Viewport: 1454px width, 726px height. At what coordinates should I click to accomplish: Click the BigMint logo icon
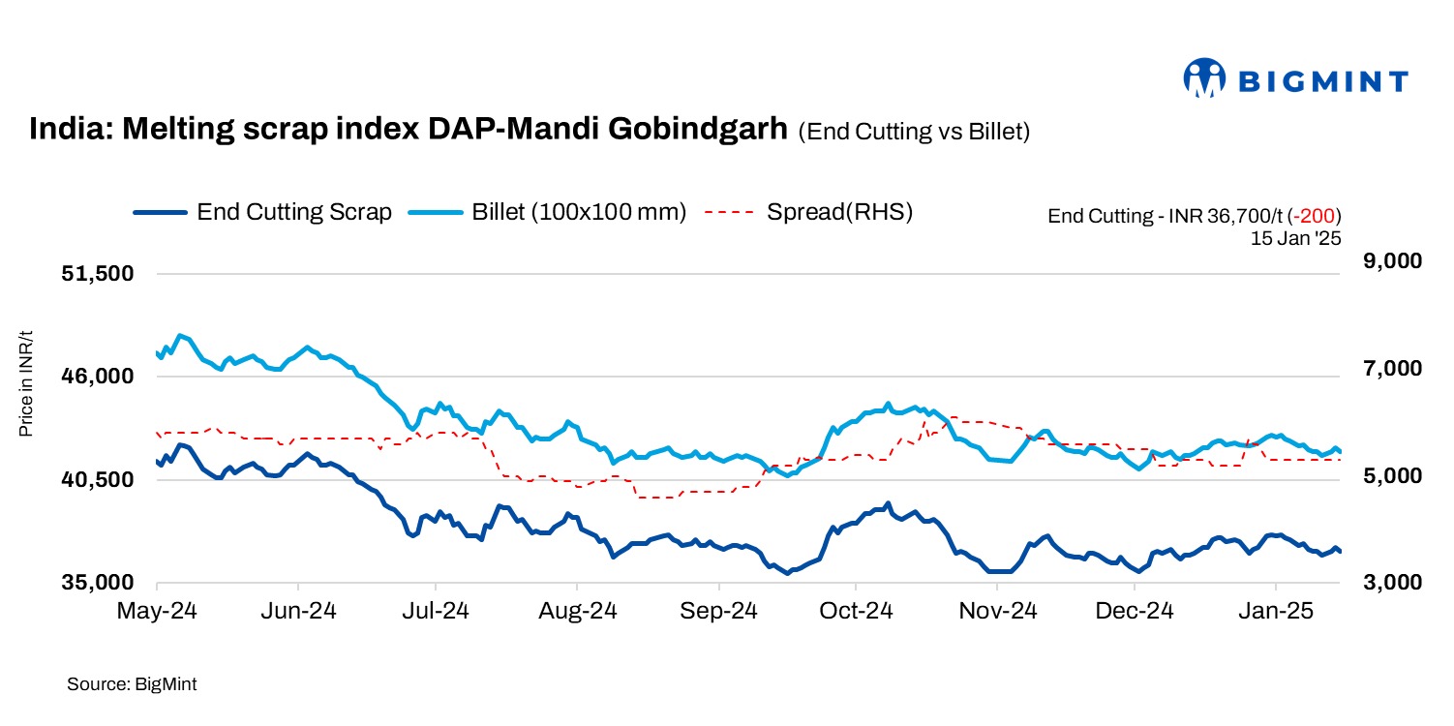click(x=1204, y=78)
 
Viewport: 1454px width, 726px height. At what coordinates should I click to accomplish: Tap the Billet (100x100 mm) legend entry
click(x=547, y=212)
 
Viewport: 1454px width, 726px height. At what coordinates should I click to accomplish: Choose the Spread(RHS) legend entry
click(x=808, y=212)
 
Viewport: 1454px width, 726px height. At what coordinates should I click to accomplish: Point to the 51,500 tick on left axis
click(x=96, y=274)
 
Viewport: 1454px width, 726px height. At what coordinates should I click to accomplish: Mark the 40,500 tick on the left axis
click(x=96, y=480)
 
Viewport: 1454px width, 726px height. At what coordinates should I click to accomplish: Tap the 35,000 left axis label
click(x=96, y=583)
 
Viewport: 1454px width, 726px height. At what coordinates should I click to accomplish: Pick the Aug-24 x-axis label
click(x=577, y=612)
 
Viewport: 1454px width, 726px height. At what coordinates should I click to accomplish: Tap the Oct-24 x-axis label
click(x=855, y=612)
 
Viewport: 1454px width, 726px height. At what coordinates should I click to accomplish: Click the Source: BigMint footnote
click(x=132, y=684)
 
